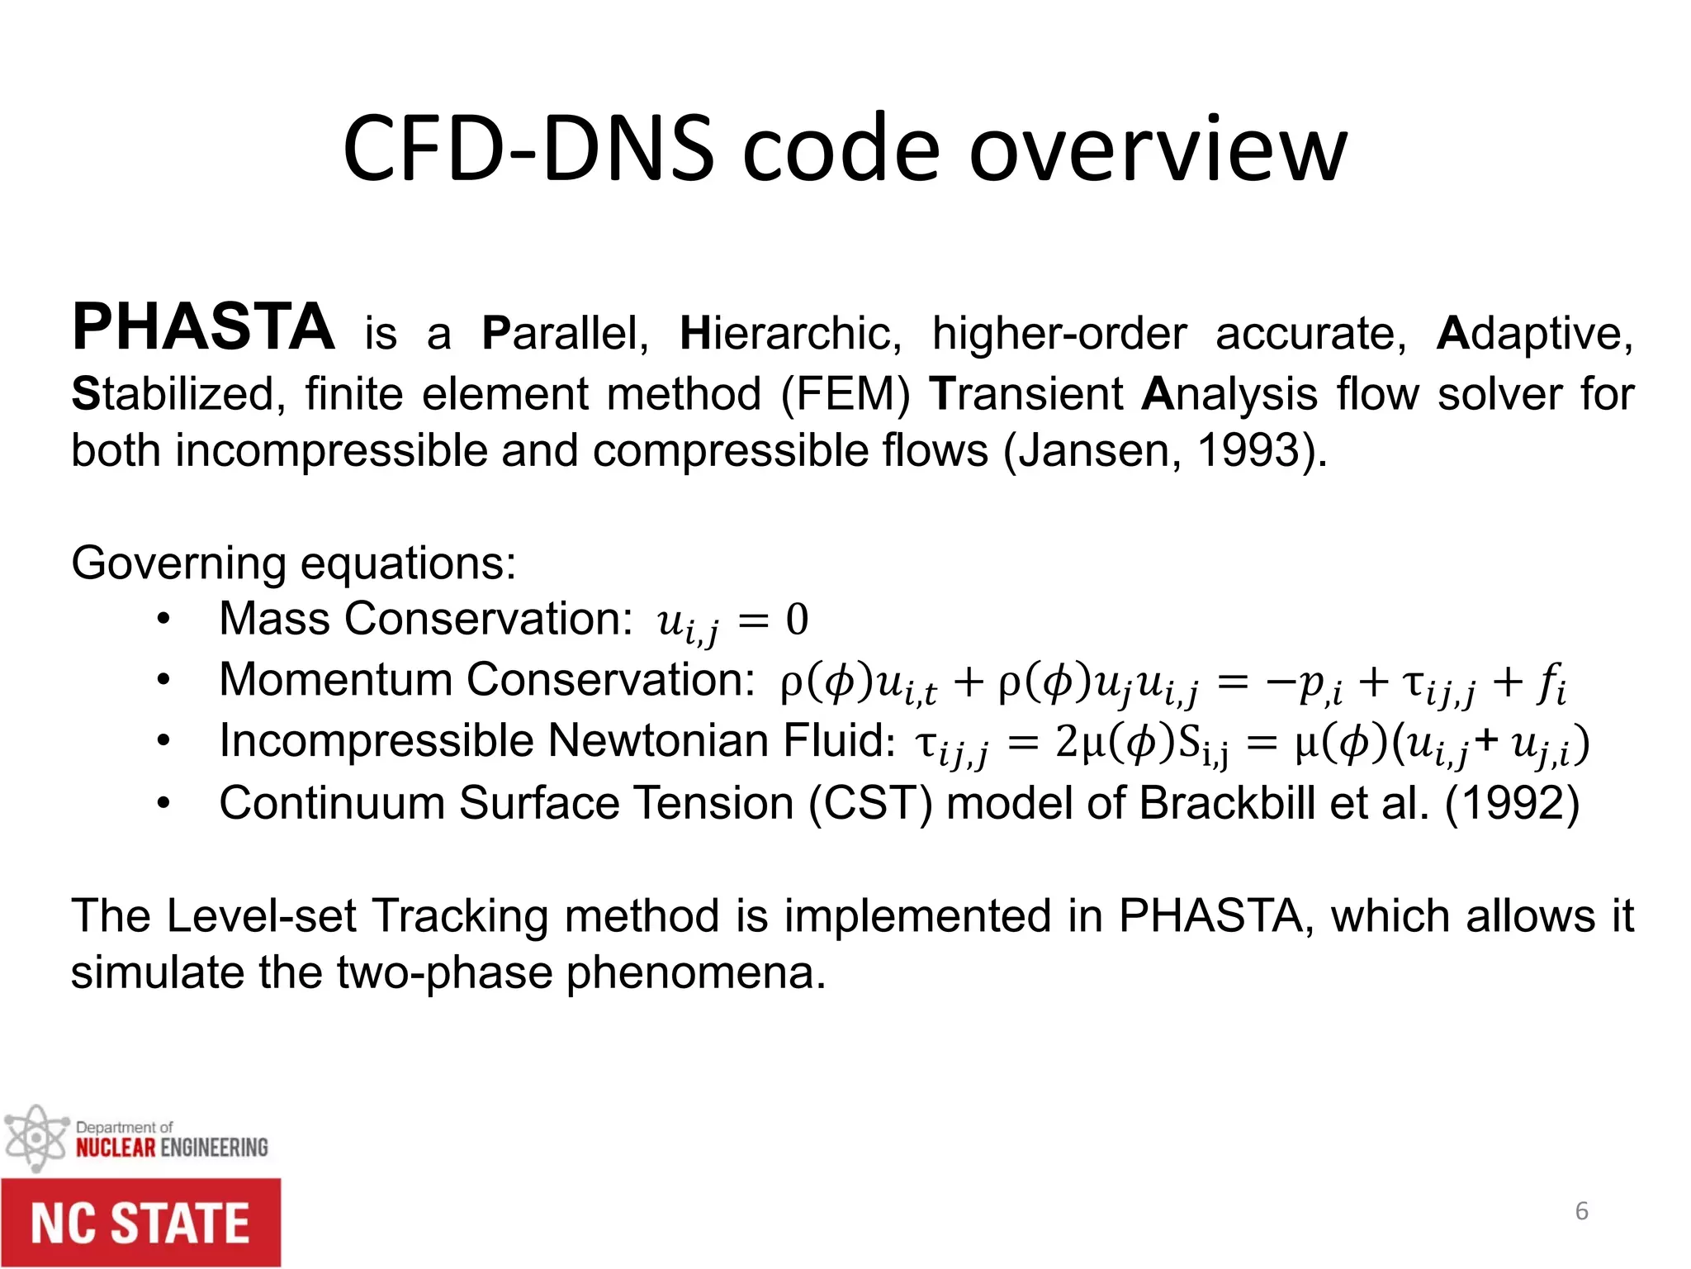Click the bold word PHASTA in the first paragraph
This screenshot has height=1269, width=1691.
[203, 328]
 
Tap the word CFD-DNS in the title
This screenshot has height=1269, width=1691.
[528, 150]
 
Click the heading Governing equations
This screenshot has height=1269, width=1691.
[293, 563]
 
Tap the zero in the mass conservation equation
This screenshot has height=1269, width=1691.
[797, 619]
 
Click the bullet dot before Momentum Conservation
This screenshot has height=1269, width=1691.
[163, 680]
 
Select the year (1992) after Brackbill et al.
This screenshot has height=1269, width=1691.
[1511, 803]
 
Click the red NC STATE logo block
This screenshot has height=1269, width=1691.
[140, 1224]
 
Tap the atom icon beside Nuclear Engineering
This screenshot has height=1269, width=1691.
[36, 1138]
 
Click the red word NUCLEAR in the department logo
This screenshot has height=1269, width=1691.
[116, 1148]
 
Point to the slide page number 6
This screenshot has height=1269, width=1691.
[1581, 1211]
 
